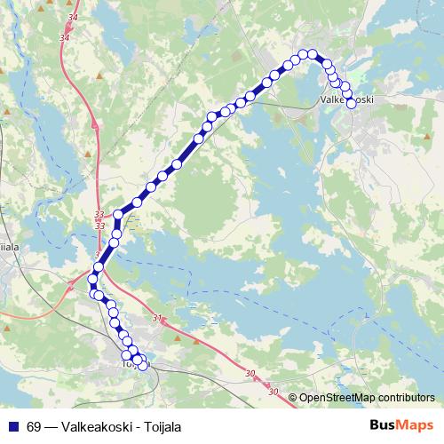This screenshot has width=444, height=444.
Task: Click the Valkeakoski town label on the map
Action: click(345, 100)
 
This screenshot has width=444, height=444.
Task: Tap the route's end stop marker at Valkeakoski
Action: click(351, 103)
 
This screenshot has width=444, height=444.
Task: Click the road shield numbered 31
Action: click(157, 318)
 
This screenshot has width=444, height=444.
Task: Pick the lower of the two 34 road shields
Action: click(63, 38)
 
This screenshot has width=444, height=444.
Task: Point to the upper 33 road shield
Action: click(99, 215)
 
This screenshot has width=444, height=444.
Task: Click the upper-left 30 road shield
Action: click(250, 373)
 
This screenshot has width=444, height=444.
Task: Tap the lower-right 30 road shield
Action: click(272, 392)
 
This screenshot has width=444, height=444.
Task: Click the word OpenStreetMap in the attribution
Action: click(338, 397)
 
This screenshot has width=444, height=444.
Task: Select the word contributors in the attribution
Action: click(408, 397)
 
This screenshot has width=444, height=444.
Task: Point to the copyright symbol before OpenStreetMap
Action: click(293, 397)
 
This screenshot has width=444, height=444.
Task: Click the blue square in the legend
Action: click(12, 426)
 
